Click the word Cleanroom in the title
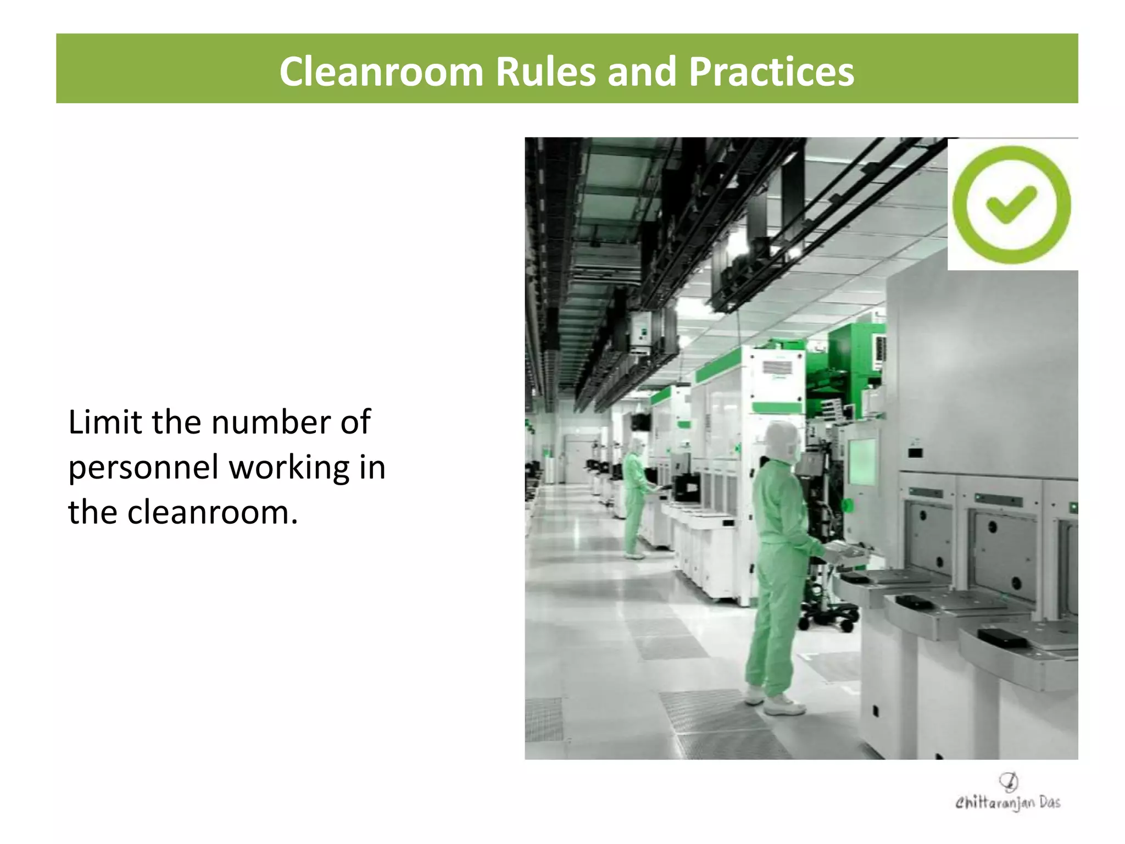(x=381, y=71)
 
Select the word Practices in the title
(x=771, y=71)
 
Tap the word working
(x=288, y=468)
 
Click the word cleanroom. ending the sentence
(x=213, y=512)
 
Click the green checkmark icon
(x=1011, y=204)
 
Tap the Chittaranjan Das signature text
(x=1007, y=803)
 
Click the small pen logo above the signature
(x=1009, y=781)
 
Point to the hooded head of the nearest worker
(x=781, y=440)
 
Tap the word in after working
(x=372, y=468)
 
